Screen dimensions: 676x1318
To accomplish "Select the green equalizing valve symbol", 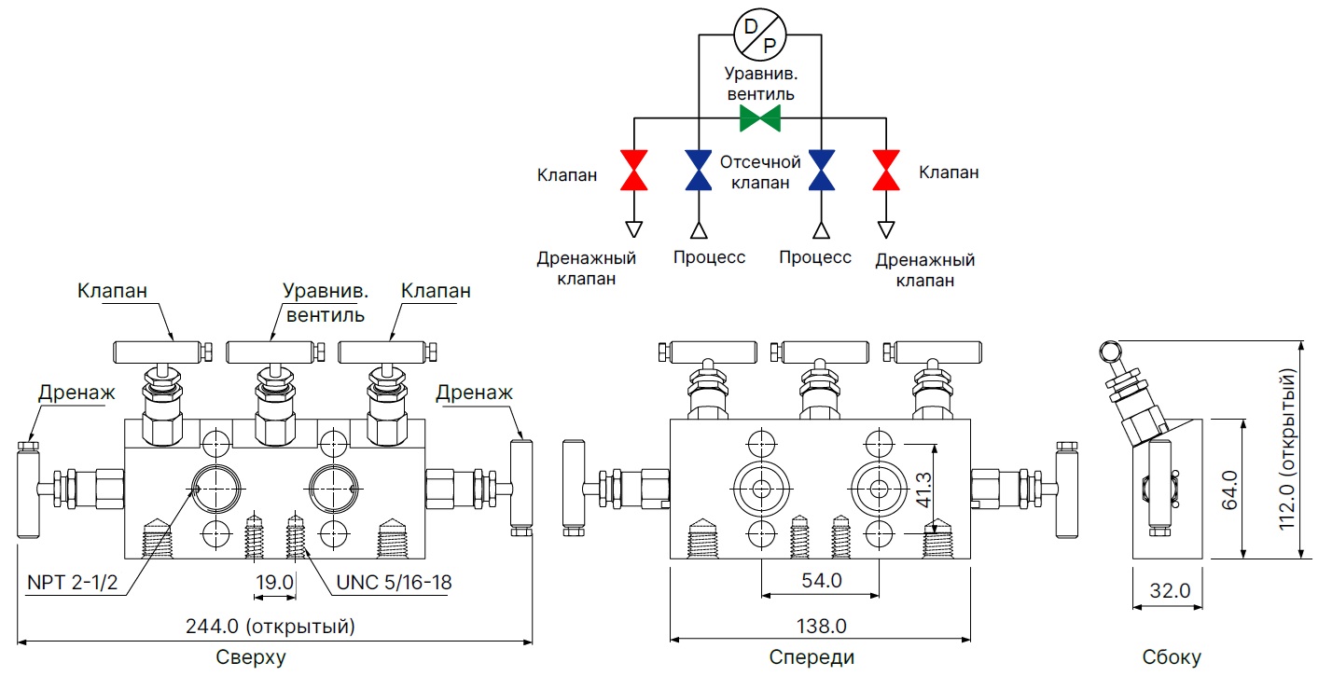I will click(759, 118).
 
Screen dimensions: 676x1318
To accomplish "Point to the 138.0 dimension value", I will click(821, 625).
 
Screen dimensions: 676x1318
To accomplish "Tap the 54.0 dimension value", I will click(821, 580).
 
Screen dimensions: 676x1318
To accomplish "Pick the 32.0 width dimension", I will click(1170, 589).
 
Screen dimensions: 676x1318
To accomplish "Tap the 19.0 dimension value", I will click(275, 583).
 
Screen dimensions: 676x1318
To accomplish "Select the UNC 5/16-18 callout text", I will click(395, 583).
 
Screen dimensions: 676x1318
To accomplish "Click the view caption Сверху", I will click(251, 657).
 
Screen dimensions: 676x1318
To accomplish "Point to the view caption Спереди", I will click(812, 657).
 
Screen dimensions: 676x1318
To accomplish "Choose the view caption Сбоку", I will click(1172, 657).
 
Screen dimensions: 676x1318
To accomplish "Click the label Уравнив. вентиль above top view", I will click(325, 302).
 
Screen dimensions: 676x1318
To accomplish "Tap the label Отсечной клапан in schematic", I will click(759, 172).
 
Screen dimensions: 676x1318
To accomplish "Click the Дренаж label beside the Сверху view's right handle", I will click(474, 393).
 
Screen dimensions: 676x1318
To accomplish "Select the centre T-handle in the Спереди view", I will click(820, 352).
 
